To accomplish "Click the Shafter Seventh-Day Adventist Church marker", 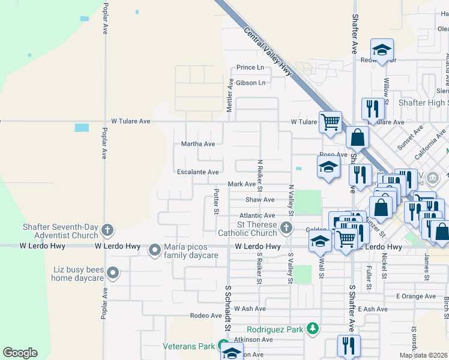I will [x=107, y=230].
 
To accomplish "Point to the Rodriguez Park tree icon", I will [x=312, y=329].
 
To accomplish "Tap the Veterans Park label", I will [x=188, y=346].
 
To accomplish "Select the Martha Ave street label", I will [x=197, y=144].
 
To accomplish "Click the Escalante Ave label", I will [x=197, y=172].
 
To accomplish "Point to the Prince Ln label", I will [x=250, y=68].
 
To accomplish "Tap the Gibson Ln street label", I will [x=250, y=83].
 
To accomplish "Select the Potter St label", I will [x=216, y=200].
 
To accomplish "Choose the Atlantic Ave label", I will [x=257, y=215].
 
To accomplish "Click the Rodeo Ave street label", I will [x=206, y=316].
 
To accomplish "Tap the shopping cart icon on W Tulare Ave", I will [x=330, y=121].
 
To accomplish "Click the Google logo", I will [x=20, y=353].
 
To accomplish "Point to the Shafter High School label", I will [x=423, y=103].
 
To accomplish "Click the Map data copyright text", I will [x=423, y=355].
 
